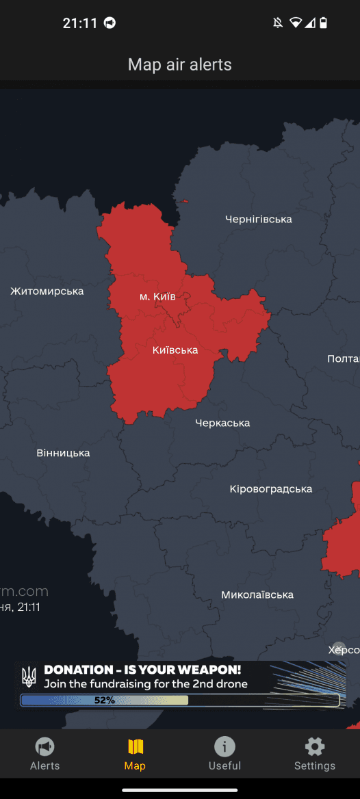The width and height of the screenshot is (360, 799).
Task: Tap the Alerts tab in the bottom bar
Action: [45, 754]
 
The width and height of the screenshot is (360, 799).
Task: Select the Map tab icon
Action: [135, 747]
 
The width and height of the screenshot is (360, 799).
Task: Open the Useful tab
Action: [224, 754]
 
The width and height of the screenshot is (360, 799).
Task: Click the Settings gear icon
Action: [315, 747]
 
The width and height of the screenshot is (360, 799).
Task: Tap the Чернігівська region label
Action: [258, 220]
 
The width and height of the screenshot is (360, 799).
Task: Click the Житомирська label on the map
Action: [47, 291]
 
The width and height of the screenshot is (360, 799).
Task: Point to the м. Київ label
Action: [157, 297]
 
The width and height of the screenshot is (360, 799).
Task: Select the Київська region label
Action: [175, 350]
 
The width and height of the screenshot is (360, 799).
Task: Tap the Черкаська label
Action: [222, 423]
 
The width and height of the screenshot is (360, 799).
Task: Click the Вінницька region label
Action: [63, 453]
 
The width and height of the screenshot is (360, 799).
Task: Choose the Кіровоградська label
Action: [270, 489]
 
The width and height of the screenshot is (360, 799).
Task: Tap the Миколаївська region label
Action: [257, 595]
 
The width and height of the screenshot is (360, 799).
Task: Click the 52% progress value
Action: [104, 700]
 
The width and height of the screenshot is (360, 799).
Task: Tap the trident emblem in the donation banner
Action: [29, 677]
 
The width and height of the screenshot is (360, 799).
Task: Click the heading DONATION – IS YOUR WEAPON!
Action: [142, 670]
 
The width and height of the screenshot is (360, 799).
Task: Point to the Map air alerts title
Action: [180, 65]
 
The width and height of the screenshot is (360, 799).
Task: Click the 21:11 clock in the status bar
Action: [80, 23]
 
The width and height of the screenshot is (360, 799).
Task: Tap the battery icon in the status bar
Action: [324, 23]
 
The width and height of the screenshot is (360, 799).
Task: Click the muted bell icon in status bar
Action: [277, 23]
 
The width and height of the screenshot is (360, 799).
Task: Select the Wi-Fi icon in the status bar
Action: [295, 23]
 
